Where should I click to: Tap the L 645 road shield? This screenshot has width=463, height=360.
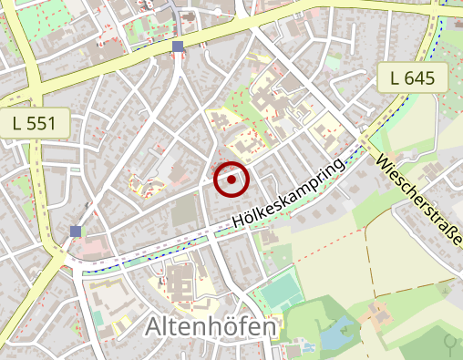coord(412,77)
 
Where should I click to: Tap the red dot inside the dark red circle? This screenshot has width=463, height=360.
coord(231,180)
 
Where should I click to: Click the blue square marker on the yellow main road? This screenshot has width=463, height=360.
coord(178,46)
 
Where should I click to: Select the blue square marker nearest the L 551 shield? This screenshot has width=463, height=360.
coord(75,231)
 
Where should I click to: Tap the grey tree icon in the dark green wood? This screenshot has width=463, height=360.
coord(450,342)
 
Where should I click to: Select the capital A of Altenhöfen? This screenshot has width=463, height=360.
coord(156,326)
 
